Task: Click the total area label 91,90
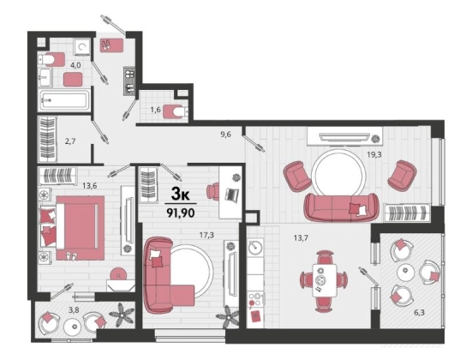tap(181, 213)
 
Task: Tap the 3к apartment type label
tap(180, 195)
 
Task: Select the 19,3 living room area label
tap(374, 154)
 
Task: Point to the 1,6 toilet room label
tap(155, 110)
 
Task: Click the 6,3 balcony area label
tap(419, 313)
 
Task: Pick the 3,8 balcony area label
tap(74, 309)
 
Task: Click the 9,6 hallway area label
tap(225, 135)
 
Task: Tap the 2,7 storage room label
tap(70, 141)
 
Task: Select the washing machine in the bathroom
tap(82, 46)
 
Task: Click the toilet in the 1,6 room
tap(176, 112)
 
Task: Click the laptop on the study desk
tap(232, 195)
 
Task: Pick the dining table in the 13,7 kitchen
tap(324, 280)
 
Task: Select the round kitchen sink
tap(255, 248)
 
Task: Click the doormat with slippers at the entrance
tap(111, 45)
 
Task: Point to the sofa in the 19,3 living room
tap(341, 207)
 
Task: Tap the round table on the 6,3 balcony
tap(405, 273)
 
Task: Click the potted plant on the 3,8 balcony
tap(122, 315)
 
